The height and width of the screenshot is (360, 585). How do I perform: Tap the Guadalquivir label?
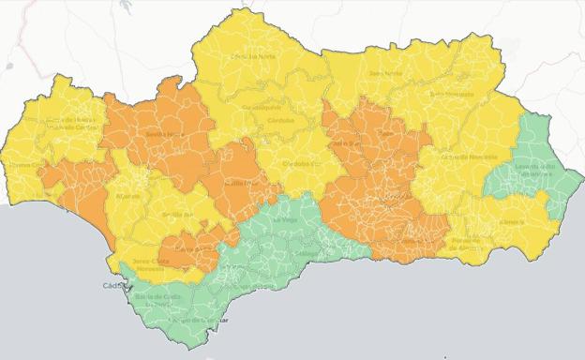[x=262, y=108]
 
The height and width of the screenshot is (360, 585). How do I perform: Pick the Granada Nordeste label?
[x=471, y=157]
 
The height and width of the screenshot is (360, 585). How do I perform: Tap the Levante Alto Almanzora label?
[x=535, y=170]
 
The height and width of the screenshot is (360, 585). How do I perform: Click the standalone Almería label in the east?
[x=511, y=221]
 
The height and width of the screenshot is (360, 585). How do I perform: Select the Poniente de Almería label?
[x=466, y=243]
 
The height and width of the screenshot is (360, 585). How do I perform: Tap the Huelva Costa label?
[x=25, y=166]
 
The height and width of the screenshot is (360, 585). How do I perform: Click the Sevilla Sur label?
[x=177, y=215]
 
